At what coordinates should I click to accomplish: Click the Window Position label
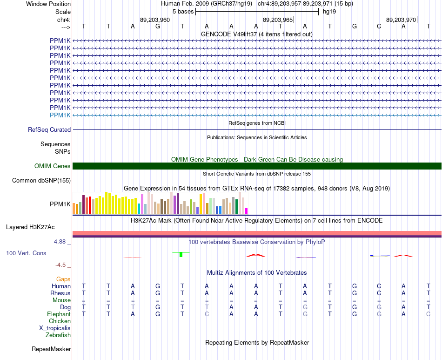tap(48, 4)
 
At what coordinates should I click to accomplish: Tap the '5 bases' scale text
tap(183, 12)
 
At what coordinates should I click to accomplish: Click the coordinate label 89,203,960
tap(155, 20)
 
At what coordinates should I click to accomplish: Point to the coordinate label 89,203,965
tap(278, 20)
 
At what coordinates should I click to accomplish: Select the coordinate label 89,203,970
tap(401, 20)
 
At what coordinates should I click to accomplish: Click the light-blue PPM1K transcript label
tap(60, 115)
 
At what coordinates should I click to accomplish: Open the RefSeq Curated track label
tap(49, 130)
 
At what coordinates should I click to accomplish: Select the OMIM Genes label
tap(53, 166)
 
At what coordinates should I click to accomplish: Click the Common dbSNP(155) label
tap(41, 181)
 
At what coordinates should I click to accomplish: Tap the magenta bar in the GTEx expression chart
tap(246, 211)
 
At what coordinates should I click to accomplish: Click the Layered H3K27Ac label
tap(30, 227)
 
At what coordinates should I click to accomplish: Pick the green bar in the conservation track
tap(181, 254)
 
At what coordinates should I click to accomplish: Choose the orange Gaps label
tap(63, 279)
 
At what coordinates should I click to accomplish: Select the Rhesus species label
tap(60, 293)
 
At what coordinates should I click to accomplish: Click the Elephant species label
tap(59, 314)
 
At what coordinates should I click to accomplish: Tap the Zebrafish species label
tap(58, 335)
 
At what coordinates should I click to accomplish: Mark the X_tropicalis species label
tap(55, 328)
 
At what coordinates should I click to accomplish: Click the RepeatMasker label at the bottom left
tap(51, 349)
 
